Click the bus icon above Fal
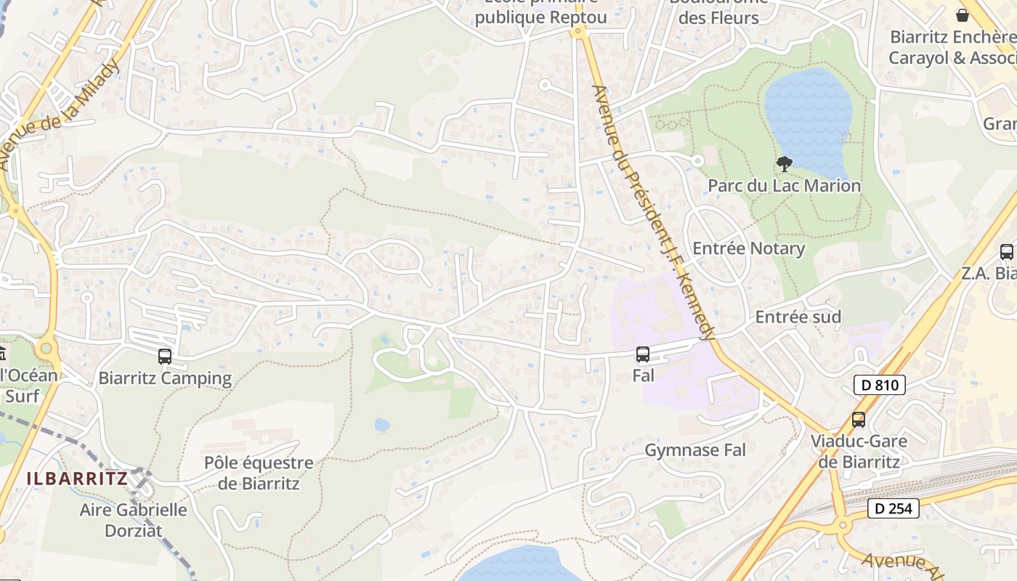[x=643, y=354]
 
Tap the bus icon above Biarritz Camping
[x=165, y=357]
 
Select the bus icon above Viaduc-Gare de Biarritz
[x=859, y=419]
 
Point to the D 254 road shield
[x=894, y=508]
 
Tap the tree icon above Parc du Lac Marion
[x=784, y=164]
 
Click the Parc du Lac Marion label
[x=784, y=186]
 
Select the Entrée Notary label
[x=748, y=249]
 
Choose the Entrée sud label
[x=798, y=317]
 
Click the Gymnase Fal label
[x=695, y=450]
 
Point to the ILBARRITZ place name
[x=77, y=479]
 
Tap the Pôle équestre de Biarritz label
[x=259, y=473]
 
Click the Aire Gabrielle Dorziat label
[x=133, y=520]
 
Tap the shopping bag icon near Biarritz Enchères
[x=963, y=15]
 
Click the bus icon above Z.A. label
[x=1006, y=252]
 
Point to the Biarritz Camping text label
[x=165, y=378]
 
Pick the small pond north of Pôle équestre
[x=382, y=425]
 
